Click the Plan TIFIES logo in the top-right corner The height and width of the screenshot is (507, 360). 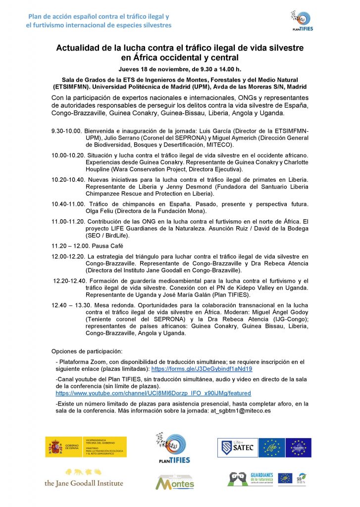pyautogui.click(x=302, y=20)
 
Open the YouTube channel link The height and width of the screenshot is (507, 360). pyautogui.click(x=153, y=393)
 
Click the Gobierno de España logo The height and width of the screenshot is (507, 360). pyautogui.click(x=85, y=447)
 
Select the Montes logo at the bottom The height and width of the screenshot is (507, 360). pyautogui.click(x=175, y=481)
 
